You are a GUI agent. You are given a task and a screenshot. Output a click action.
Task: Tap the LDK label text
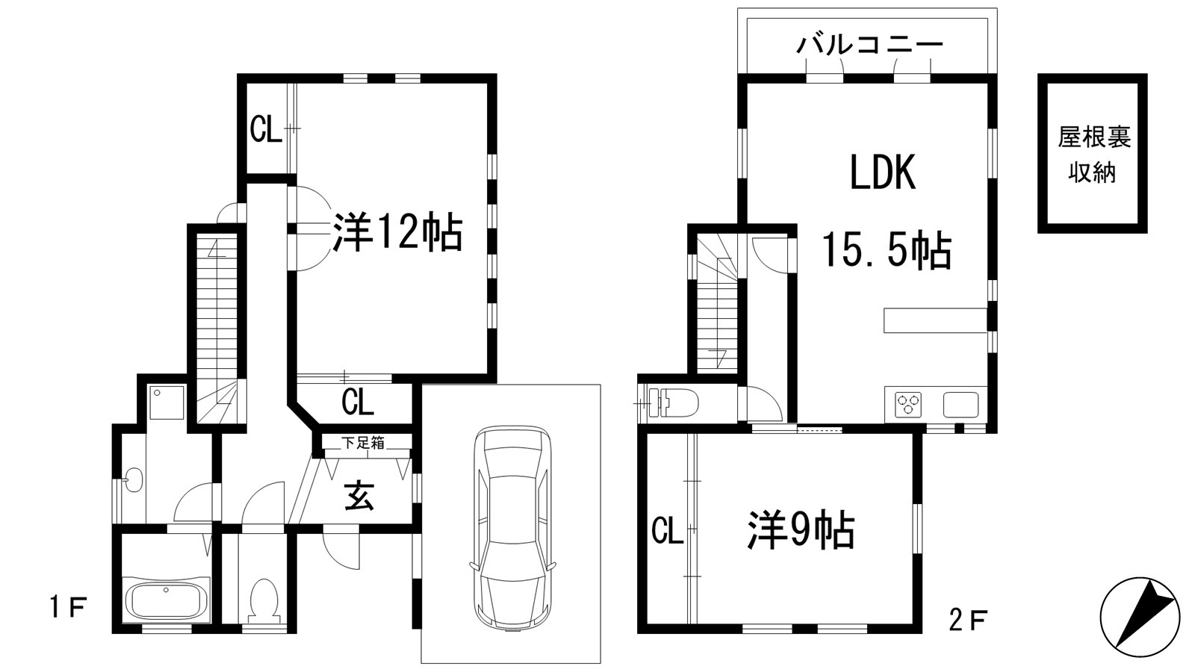coord(882,174)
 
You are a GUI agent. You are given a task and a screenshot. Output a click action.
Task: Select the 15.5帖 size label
coord(887,250)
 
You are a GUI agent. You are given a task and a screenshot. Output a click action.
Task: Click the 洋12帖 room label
coord(397,232)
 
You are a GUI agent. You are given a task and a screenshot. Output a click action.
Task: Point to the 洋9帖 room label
coord(801,531)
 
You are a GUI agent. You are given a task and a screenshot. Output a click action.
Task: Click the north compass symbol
coord(1140,617)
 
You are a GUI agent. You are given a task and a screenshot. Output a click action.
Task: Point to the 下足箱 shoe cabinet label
coord(364,443)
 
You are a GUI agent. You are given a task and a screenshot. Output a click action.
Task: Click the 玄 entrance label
coord(359,497)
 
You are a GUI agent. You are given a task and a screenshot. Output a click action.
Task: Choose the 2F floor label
coord(969,619)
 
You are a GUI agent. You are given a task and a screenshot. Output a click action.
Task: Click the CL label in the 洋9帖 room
coord(667,532)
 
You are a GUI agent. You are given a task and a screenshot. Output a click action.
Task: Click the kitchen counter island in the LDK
coord(934,320)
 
